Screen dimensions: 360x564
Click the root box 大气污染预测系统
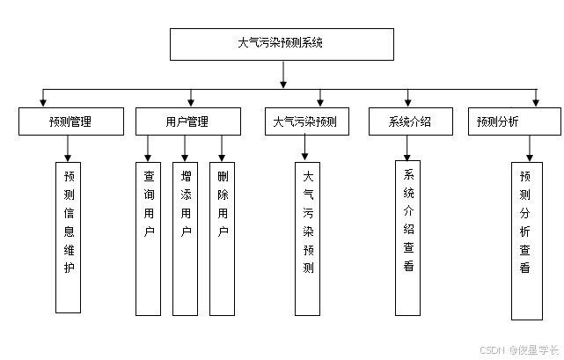coord(281,44)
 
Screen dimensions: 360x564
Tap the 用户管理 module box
coord(187,121)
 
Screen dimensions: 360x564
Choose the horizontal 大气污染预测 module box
coord(305,121)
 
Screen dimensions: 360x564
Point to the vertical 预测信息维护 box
coord(69,237)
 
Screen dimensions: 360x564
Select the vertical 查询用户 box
coord(149,238)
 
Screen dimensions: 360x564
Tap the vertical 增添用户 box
coord(186,238)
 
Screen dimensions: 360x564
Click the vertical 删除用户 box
coord(223,238)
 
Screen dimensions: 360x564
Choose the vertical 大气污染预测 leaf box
coord(307,238)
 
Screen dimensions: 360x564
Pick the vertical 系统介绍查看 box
coord(409,238)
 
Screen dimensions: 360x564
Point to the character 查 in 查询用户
coord(149,174)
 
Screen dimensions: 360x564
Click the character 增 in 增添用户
coord(186,174)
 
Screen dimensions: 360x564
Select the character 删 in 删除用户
coord(223,174)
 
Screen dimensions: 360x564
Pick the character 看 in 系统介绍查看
coord(409,267)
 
